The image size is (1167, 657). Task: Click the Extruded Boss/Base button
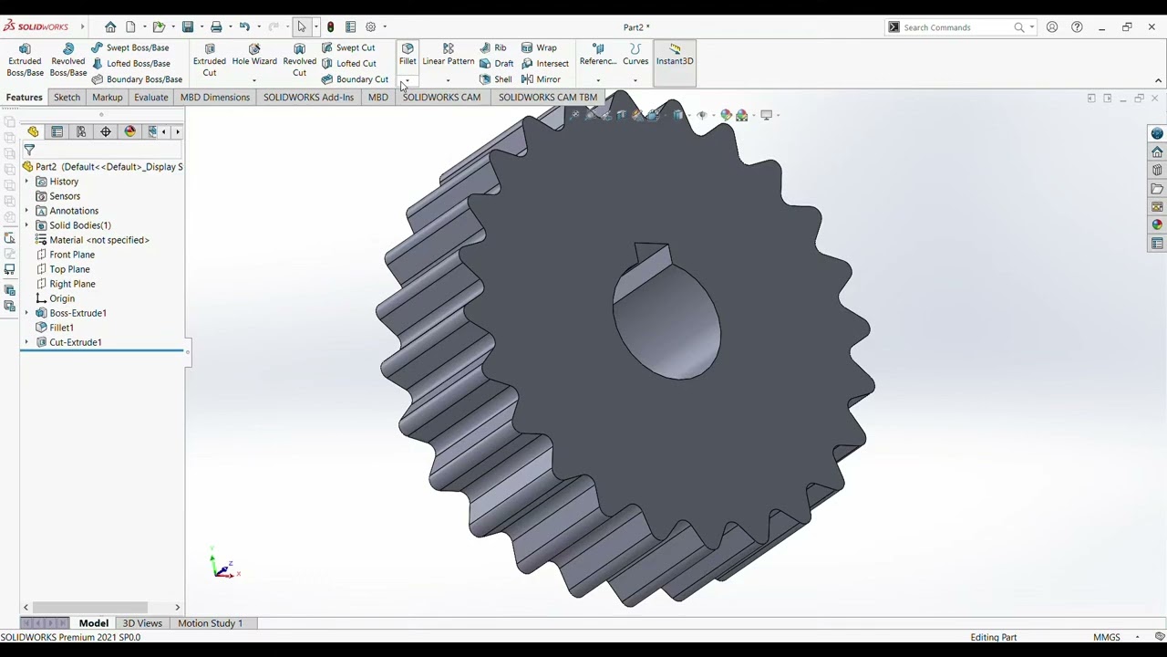pyautogui.click(x=25, y=60)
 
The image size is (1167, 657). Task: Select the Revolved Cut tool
pyautogui.click(x=299, y=60)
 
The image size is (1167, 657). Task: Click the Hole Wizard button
pyautogui.click(x=254, y=55)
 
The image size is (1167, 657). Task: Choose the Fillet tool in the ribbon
pyautogui.click(x=408, y=55)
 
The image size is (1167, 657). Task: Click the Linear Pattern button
pyautogui.click(x=448, y=55)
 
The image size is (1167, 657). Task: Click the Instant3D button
pyautogui.click(x=675, y=55)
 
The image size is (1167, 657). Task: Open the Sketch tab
pyautogui.click(x=67, y=97)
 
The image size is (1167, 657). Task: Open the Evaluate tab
pyautogui.click(x=150, y=97)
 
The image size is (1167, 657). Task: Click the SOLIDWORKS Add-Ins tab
pyautogui.click(x=308, y=97)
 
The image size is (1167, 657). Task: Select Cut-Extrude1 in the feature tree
pyautogui.click(x=75, y=342)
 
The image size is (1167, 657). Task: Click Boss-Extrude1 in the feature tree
pyautogui.click(x=77, y=313)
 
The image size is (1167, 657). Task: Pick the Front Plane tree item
pyautogui.click(x=71, y=255)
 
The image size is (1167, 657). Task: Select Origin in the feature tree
pyautogui.click(x=62, y=298)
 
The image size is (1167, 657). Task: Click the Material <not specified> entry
pyautogui.click(x=98, y=240)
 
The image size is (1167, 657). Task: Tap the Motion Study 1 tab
pyautogui.click(x=210, y=623)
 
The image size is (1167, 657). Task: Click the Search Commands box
pyautogui.click(x=957, y=27)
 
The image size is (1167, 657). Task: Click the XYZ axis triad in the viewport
pyautogui.click(x=222, y=567)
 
